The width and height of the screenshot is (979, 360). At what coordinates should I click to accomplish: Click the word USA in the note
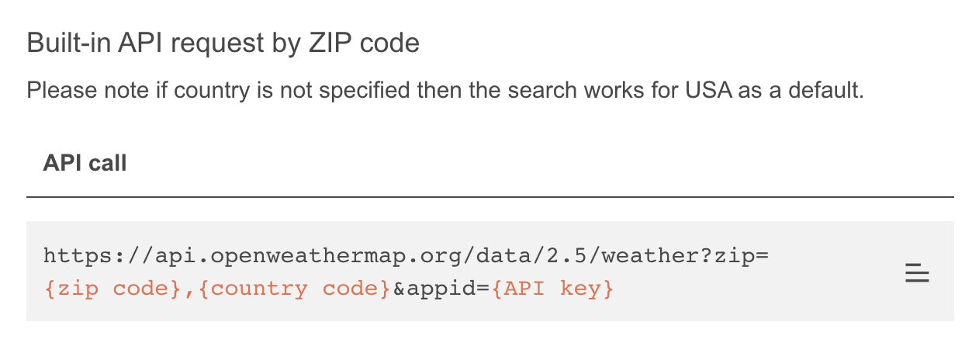click(707, 91)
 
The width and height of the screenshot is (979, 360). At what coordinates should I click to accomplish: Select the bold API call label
click(85, 163)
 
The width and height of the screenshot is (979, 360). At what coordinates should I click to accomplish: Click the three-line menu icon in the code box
click(917, 273)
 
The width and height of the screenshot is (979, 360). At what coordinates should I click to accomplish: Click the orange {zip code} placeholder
click(107, 289)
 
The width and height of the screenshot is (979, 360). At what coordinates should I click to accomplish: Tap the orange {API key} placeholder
click(553, 289)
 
